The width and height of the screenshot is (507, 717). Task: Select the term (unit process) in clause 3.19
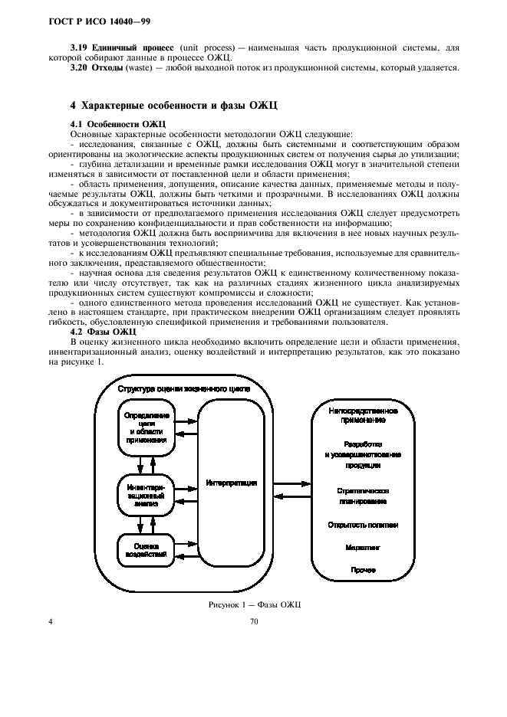(x=204, y=47)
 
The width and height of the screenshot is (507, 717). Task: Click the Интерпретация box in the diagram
(x=231, y=483)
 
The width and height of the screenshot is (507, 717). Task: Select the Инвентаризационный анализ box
(x=146, y=495)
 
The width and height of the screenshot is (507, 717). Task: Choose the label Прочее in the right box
(x=363, y=571)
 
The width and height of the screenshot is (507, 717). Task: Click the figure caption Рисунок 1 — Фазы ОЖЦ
(x=255, y=605)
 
